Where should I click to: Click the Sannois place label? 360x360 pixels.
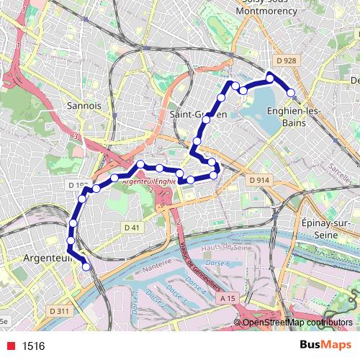(89, 105)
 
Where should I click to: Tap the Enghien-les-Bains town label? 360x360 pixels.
(287, 117)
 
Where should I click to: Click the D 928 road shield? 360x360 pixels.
(286, 60)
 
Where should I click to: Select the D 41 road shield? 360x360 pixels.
(130, 228)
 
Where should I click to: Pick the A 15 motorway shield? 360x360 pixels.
(228, 298)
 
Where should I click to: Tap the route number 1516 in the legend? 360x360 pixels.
(34, 346)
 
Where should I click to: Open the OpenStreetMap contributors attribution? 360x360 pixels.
(297, 323)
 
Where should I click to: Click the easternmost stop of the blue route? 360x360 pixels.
(291, 92)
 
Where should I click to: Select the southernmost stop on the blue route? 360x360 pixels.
(86, 266)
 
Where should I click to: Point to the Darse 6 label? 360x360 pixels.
(218, 263)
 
